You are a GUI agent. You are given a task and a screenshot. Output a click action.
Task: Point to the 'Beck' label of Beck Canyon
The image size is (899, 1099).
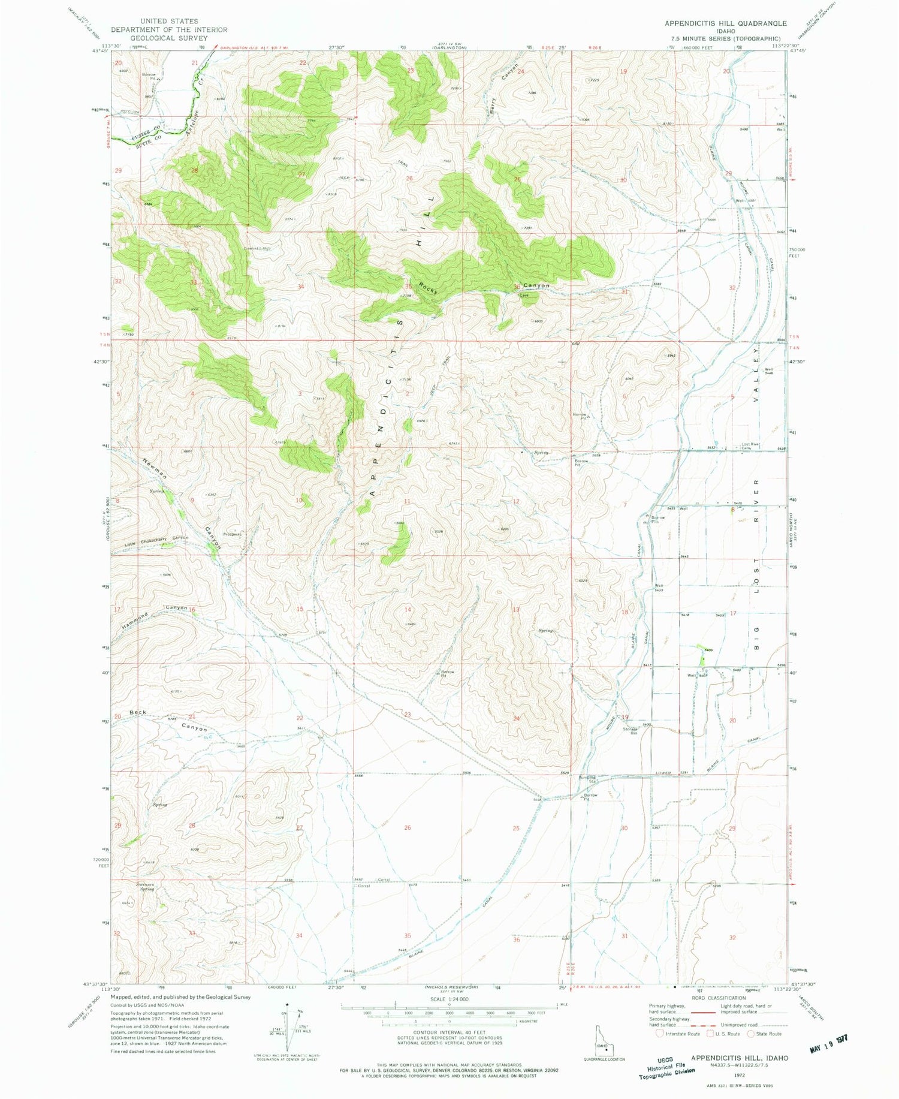137,712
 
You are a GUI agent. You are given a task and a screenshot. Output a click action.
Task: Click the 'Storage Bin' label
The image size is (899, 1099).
630,731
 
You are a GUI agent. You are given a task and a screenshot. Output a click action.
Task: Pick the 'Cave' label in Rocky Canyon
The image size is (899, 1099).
524,295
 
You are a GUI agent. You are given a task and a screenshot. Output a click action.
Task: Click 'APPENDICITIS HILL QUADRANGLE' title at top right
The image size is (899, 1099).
725,23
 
